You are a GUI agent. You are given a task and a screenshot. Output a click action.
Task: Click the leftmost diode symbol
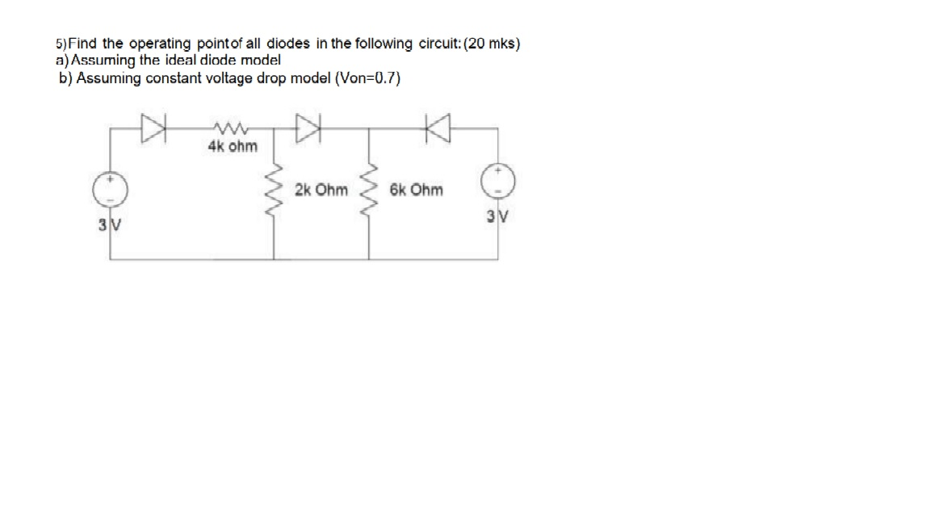(153, 126)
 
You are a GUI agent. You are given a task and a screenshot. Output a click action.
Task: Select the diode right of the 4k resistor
(310, 126)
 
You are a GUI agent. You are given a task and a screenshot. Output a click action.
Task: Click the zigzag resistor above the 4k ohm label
(232, 128)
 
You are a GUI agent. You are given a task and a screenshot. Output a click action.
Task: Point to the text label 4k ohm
(232, 147)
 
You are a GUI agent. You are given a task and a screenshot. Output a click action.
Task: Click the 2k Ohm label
(321, 190)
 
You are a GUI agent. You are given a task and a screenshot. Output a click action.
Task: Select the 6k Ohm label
(416, 190)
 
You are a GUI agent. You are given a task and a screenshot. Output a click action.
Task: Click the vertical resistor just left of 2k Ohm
(274, 191)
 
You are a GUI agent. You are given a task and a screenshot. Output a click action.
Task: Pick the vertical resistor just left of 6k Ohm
(370, 191)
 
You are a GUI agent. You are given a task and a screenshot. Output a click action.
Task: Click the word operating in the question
(160, 44)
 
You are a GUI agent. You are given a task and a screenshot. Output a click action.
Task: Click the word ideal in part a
(188, 61)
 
